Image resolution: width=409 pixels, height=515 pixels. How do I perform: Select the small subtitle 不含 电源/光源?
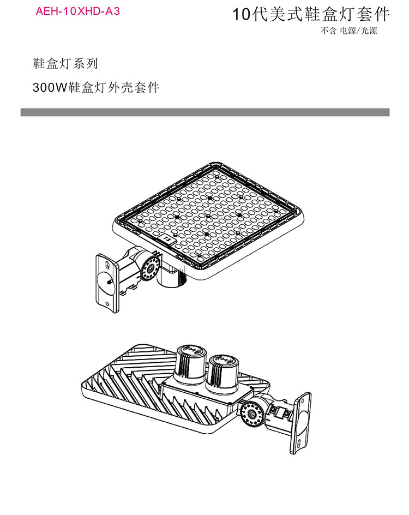click(x=348, y=31)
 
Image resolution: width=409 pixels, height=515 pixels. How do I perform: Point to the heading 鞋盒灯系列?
click(x=65, y=63)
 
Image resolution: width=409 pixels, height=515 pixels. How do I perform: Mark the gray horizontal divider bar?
click(x=205, y=112)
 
